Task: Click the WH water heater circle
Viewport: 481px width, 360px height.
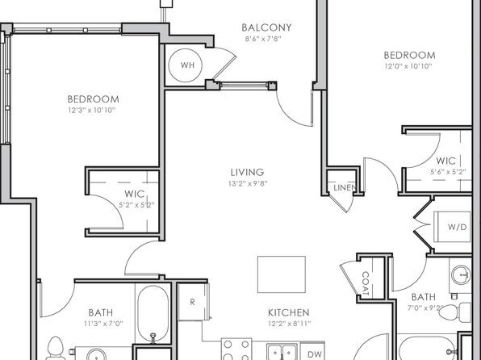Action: (x=186, y=65)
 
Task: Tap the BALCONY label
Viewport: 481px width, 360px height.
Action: (x=266, y=27)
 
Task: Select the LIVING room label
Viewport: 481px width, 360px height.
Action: (x=247, y=172)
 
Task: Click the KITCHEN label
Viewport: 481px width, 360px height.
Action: (x=289, y=312)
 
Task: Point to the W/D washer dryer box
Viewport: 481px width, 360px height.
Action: (x=452, y=227)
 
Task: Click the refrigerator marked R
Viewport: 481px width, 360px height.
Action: (x=193, y=302)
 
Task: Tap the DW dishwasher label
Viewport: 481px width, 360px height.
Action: (x=315, y=354)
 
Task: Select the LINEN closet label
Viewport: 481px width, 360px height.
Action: (x=345, y=187)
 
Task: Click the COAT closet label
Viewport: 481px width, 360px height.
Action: (x=366, y=284)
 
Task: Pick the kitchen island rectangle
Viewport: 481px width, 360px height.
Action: (x=282, y=274)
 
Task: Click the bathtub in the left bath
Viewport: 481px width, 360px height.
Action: (x=153, y=314)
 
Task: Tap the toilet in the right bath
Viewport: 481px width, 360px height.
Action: (x=455, y=312)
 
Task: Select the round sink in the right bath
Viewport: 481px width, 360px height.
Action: (x=461, y=275)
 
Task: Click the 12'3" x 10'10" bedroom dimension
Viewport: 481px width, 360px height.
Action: (x=92, y=110)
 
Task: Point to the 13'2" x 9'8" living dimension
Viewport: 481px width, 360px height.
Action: (x=248, y=183)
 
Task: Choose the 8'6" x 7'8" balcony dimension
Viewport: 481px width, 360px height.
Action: (x=263, y=39)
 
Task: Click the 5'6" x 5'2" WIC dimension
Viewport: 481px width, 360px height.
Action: (x=448, y=172)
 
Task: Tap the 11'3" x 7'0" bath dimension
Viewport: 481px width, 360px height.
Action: (x=103, y=324)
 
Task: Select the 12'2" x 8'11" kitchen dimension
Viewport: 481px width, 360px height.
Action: (x=289, y=324)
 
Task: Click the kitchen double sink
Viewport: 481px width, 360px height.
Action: (x=282, y=352)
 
